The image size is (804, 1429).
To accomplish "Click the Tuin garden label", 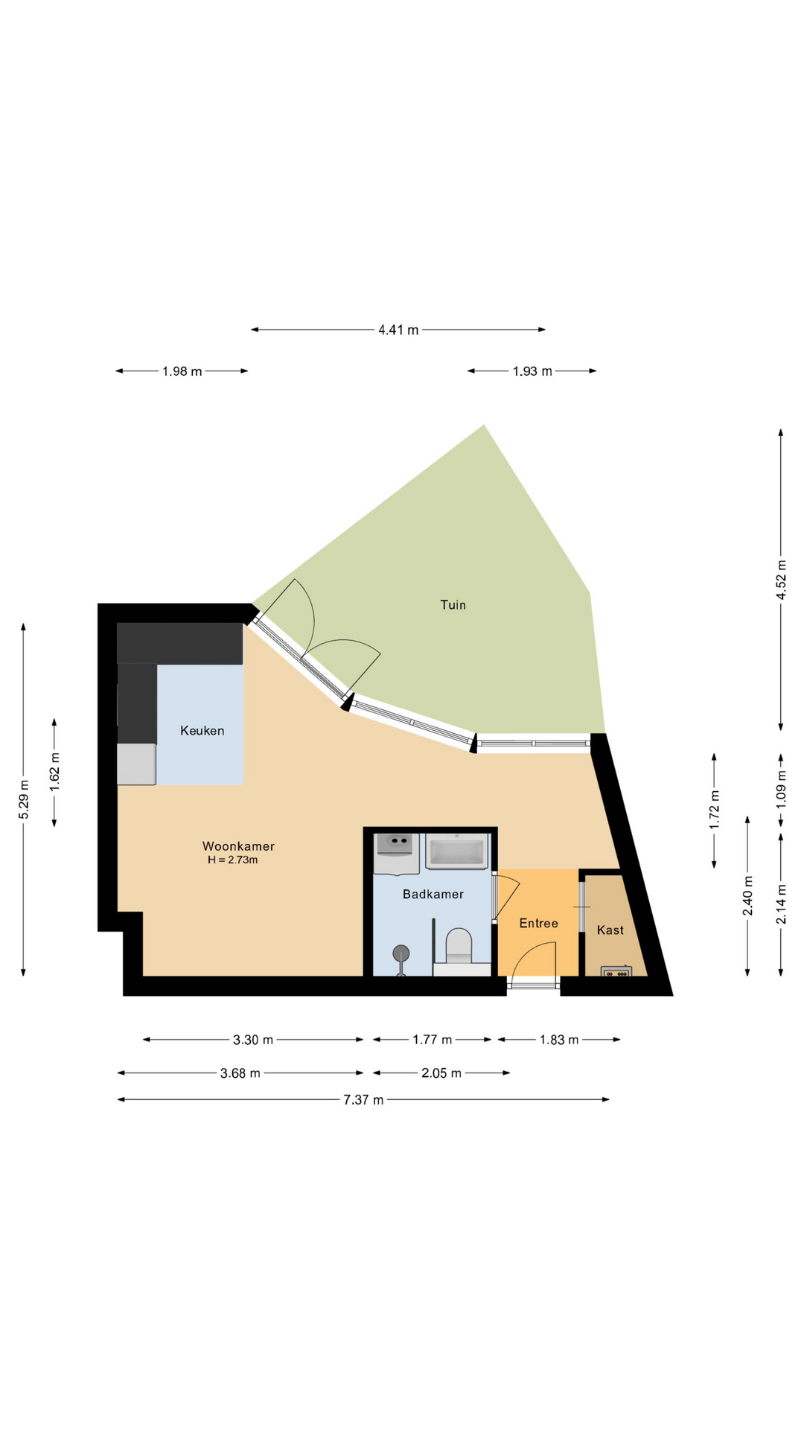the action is [453, 605].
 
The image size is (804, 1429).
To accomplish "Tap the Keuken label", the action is [202, 731].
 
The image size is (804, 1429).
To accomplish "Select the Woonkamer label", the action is [238, 846].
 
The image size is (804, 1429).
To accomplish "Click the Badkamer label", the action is [433, 894].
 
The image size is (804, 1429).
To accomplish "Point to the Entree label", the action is [538, 923].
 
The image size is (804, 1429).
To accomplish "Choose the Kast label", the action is [610, 930].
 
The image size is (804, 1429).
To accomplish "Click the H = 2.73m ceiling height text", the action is [233, 860].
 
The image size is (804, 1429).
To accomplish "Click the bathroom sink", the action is [397, 854].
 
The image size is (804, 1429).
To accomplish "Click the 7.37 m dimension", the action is [363, 1099].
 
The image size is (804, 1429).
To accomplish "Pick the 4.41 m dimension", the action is [398, 329].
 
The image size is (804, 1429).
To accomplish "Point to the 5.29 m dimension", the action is [24, 799].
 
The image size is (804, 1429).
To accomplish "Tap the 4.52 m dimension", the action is [781, 580].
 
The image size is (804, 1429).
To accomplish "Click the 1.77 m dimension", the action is [433, 1040].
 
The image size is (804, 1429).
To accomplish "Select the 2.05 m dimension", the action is [441, 1072].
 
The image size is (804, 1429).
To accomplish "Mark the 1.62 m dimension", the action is [54, 773].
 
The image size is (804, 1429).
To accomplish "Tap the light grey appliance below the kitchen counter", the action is [136, 764].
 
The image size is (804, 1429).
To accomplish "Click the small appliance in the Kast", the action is [616, 971].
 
